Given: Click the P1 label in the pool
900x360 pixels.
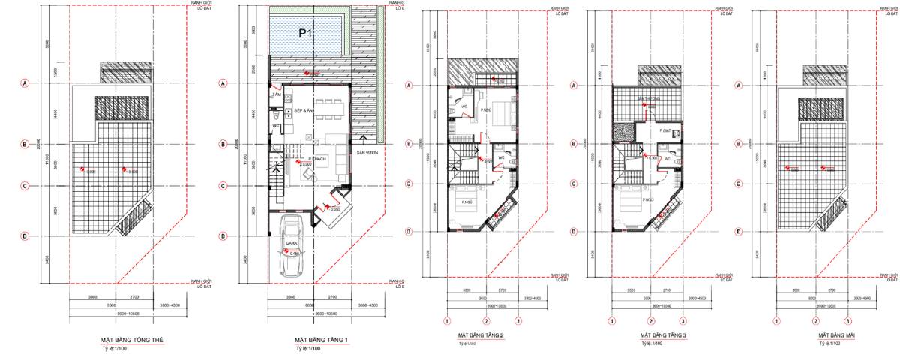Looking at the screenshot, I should coord(304,33).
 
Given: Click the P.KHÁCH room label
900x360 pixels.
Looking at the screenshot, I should coord(315,160).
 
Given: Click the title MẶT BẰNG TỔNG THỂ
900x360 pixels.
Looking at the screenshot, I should coord(132,340).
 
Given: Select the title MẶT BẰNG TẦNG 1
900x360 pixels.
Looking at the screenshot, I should coord(322,340).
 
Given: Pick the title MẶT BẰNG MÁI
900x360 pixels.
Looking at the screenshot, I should coord(833,334).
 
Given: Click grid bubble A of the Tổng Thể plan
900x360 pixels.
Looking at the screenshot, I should coord(25,83).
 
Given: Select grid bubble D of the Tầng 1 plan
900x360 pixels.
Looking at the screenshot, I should coord(223,236).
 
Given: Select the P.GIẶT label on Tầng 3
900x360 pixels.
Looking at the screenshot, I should coord(664,130).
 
